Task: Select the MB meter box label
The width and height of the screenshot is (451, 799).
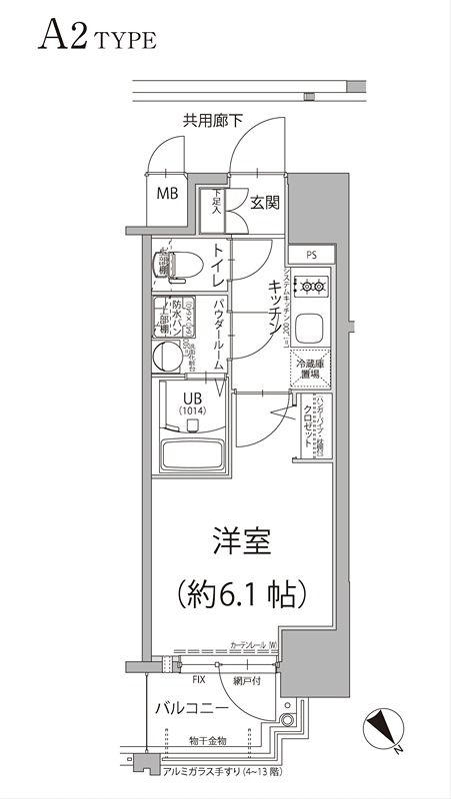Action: pyautogui.click(x=166, y=194)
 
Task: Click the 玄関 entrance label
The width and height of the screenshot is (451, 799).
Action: pyautogui.click(x=264, y=202)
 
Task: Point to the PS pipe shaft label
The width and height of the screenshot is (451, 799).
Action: pyautogui.click(x=313, y=255)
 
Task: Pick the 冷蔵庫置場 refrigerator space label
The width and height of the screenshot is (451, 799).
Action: pyautogui.click(x=312, y=371)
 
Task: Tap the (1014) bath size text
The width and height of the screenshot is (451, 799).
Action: pyautogui.click(x=193, y=409)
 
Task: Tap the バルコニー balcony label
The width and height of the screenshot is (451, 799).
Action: pyautogui.click(x=192, y=709)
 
